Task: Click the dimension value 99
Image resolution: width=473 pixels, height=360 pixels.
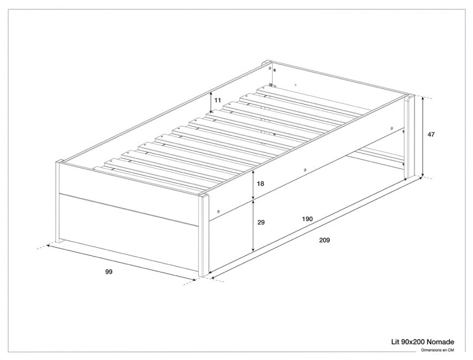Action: point(108,271)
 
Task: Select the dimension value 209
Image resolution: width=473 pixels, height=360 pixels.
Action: point(324,240)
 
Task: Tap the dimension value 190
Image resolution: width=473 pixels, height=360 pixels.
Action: point(307,219)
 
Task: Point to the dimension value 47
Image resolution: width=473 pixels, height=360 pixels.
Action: point(431,134)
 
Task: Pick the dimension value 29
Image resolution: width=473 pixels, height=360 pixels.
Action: point(261,223)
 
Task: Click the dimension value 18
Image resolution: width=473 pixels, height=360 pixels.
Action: point(261,184)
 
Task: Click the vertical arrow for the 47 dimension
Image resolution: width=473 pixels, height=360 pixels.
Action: point(423,136)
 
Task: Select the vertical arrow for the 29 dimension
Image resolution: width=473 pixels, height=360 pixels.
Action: point(253,225)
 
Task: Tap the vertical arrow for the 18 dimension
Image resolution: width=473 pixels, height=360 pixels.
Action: point(253,184)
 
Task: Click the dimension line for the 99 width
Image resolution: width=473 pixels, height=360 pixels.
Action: point(121,264)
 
